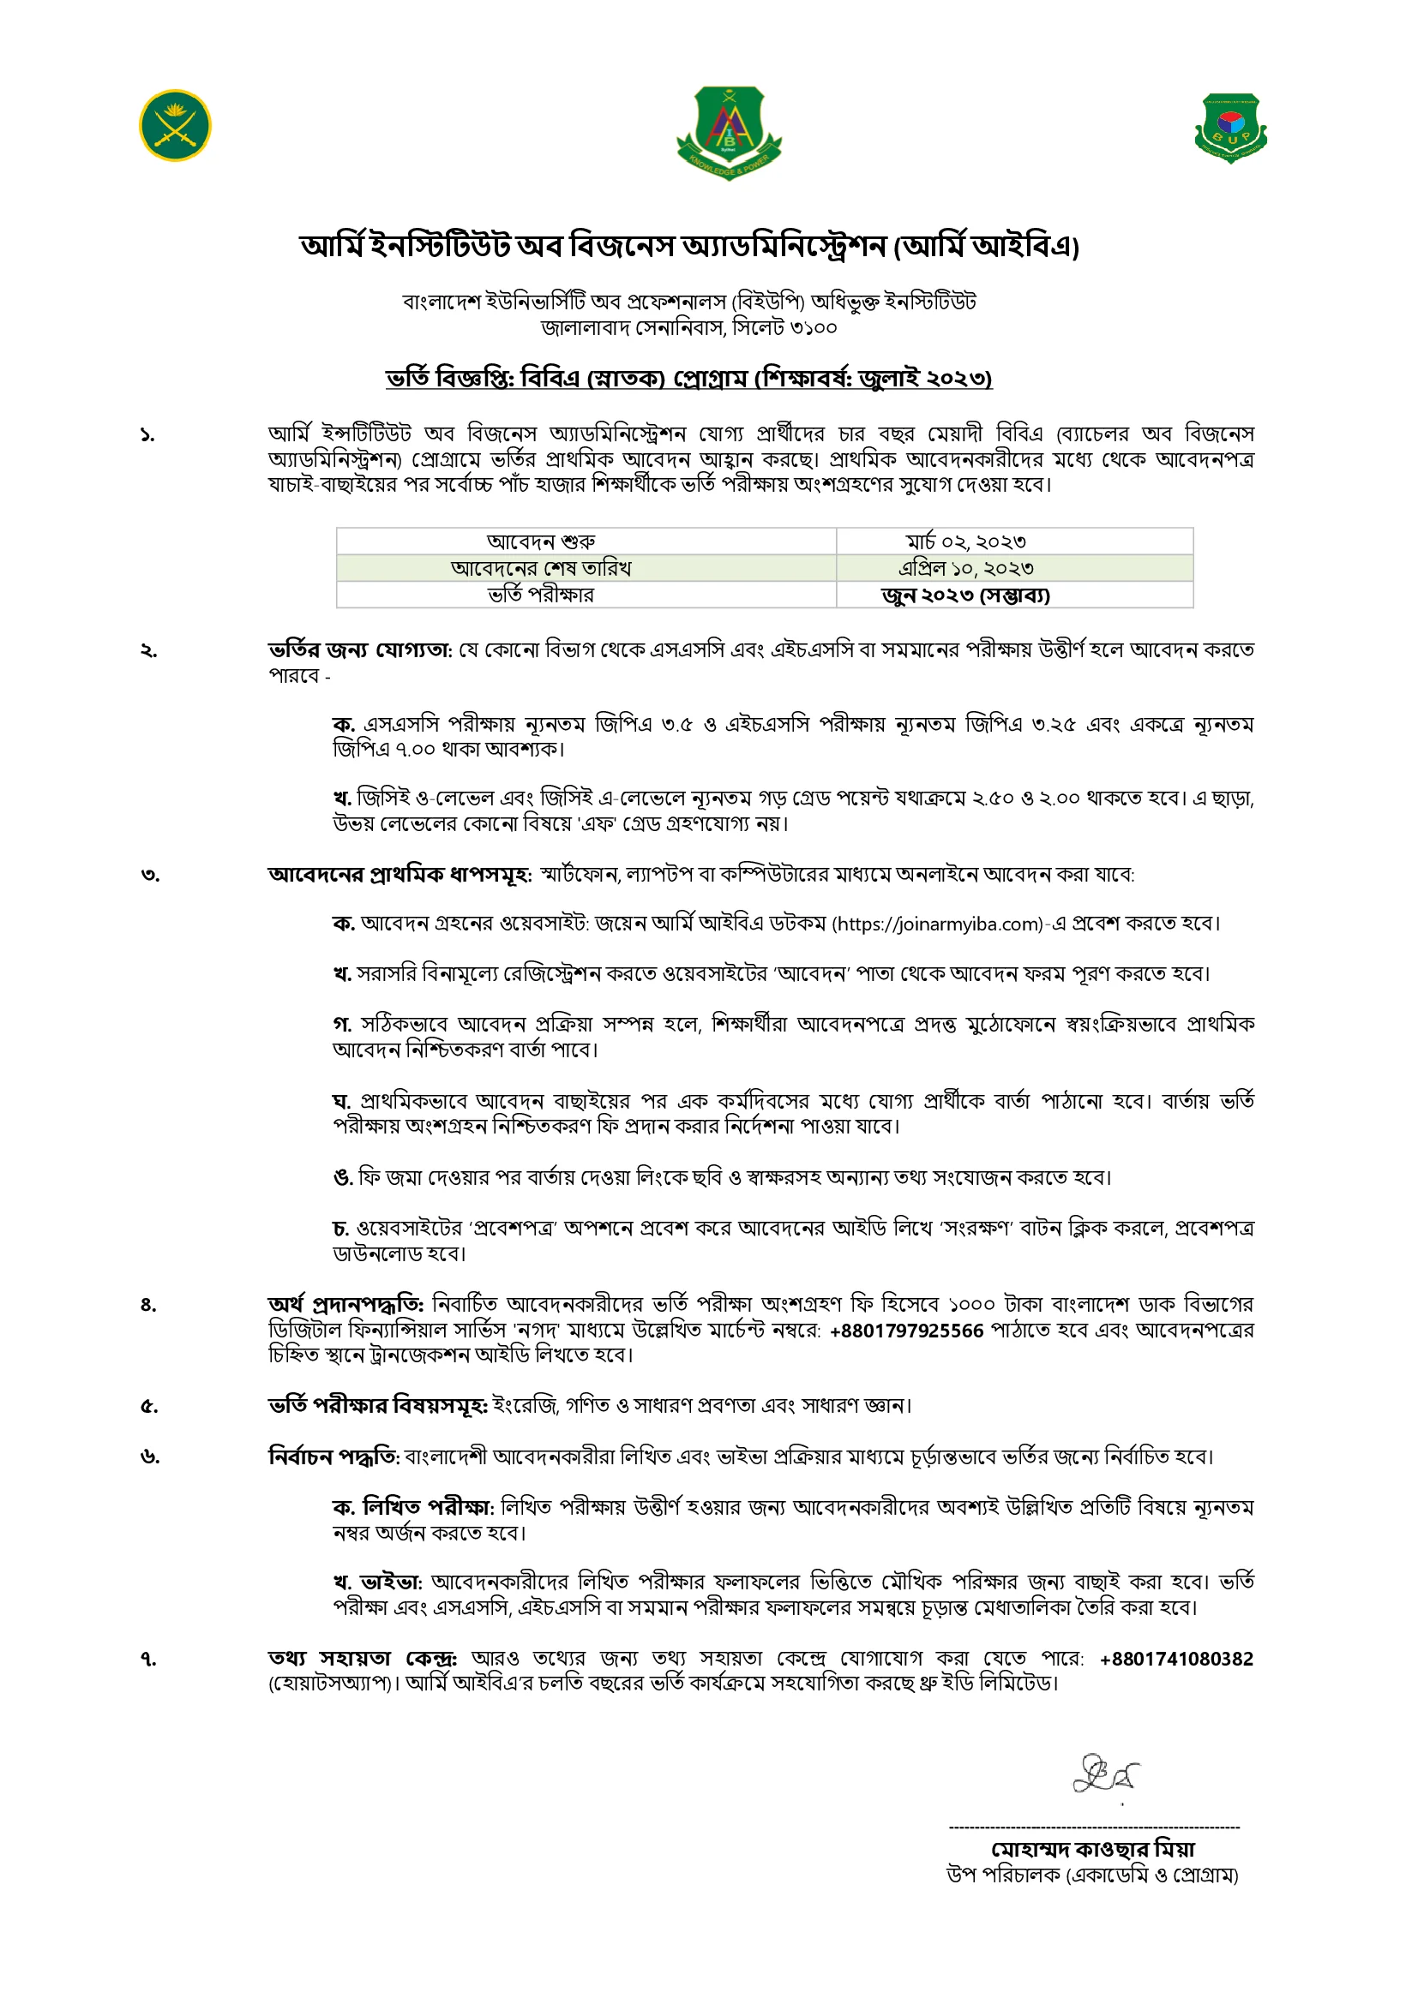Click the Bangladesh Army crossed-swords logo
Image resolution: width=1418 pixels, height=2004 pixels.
(175, 126)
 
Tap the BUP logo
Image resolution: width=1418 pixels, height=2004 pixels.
(1230, 129)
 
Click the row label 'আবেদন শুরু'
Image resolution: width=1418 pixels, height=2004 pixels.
(541, 542)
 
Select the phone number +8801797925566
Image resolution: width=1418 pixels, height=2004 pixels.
(906, 1331)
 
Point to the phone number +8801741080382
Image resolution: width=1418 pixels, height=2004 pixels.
(1176, 1659)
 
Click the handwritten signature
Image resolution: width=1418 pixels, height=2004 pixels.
(1105, 1774)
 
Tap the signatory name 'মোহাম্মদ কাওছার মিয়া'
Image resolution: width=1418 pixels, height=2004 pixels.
(1092, 1849)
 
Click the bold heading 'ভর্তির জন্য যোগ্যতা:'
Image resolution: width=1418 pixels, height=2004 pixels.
(360, 650)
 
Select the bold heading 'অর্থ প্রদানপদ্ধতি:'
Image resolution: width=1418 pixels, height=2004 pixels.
(345, 1305)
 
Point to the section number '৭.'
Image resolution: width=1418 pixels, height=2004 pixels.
(149, 1660)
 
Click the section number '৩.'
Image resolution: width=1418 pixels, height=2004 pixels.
(150, 876)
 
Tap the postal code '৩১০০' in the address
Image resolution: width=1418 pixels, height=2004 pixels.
(812, 328)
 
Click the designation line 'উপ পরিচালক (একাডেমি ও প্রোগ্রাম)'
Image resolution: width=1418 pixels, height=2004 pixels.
(1092, 1875)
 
